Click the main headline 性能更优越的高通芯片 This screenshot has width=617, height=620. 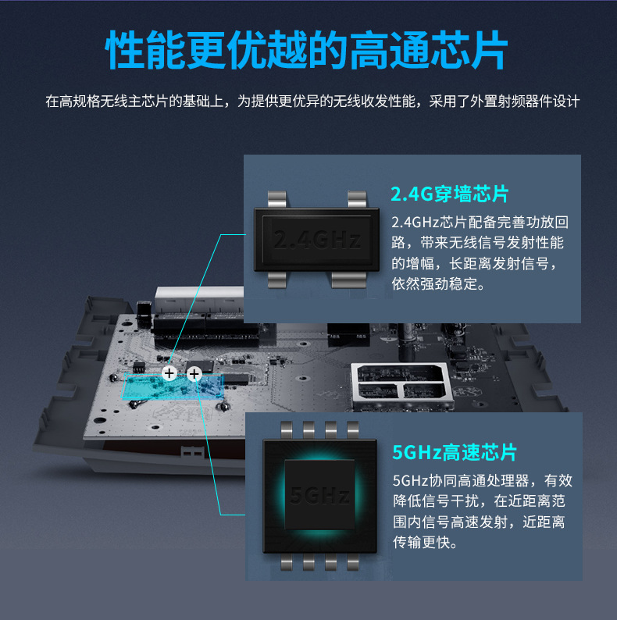click(306, 50)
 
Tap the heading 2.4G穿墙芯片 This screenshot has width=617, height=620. click(449, 194)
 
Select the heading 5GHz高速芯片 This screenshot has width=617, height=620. click(455, 452)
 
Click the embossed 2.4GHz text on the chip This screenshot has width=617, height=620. click(317, 240)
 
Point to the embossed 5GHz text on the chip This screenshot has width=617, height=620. click(320, 495)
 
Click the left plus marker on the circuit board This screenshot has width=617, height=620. click(169, 373)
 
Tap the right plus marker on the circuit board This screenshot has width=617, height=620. click(194, 374)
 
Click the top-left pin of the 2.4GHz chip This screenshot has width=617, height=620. click(276, 199)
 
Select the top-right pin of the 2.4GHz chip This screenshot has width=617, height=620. click(357, 199)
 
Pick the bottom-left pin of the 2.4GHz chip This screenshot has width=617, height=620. click(276, 280)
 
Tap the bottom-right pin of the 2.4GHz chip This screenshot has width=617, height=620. click(349, 280)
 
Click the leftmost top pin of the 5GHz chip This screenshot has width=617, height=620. click(287, 429)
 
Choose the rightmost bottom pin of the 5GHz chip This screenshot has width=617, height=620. click(352, 561)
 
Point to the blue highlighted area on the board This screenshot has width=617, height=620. click(173, 387)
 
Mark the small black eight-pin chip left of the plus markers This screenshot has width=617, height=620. click(139, 367)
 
